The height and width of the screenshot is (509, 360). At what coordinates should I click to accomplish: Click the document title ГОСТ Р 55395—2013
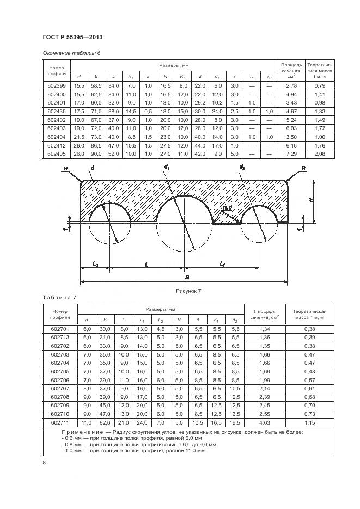pos(72,37)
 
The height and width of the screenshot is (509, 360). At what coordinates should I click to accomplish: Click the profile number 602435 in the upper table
pos(56,111)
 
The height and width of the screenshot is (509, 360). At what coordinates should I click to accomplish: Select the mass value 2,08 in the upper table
pos(320,155)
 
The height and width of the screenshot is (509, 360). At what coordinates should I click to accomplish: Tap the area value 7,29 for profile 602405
pos(292,155)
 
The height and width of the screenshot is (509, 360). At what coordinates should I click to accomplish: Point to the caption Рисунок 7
pos(188,291)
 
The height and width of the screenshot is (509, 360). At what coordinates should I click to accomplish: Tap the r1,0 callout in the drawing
pos(228,207)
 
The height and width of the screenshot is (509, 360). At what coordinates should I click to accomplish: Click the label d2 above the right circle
pos(242,167)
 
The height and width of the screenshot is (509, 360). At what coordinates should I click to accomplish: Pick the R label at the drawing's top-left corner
pos(65,168)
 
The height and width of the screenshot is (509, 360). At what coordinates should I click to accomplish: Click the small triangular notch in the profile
pos(227,218)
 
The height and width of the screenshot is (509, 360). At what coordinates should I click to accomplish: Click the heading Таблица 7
pos(59,297)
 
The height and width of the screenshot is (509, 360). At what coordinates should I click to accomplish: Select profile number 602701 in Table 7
pos(60,330)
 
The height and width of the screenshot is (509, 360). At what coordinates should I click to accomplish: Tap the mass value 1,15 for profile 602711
pos(309,422)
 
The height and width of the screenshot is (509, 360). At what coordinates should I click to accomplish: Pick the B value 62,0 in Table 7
pos(107,422)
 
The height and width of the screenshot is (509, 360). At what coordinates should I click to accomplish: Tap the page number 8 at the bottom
pos(45,462)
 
